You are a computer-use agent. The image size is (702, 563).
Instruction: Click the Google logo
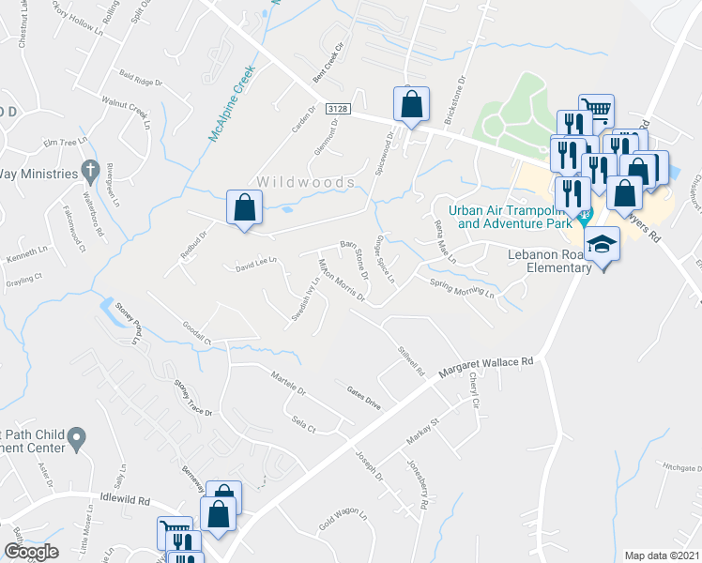[30, 553]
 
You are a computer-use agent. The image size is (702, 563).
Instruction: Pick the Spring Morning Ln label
[462, 287]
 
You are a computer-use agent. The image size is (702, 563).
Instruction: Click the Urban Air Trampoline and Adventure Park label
[510, 217]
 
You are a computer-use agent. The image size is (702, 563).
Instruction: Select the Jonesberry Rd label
[417, 483]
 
